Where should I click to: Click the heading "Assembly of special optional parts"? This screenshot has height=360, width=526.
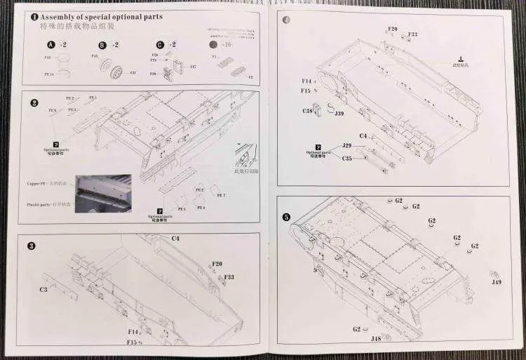(101, 15)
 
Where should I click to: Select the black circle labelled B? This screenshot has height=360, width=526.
(102, 44)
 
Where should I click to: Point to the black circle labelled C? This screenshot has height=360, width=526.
(160, 44)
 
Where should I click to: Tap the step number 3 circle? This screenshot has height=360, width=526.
(32, 246)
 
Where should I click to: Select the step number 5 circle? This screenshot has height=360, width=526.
(286, 217)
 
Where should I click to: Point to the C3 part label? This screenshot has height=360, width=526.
(43, 288)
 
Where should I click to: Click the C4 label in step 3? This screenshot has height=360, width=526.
(175, 239)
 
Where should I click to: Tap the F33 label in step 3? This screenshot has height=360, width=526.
(229, 277)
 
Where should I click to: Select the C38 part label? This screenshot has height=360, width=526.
(308, 111)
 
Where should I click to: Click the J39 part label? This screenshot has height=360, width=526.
(339, 113)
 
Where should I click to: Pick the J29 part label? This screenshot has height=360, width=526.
(346, 145)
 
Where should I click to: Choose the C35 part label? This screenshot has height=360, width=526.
(346, 159)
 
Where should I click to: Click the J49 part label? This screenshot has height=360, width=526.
(497, 282)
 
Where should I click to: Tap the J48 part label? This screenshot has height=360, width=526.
(376, 338)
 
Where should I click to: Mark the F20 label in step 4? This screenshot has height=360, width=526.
(392, 29)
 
